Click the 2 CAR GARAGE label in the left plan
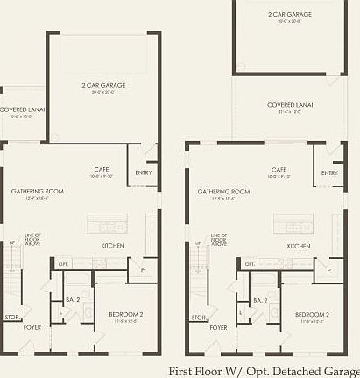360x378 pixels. tap(103, 85)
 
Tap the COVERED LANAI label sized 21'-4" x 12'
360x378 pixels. tap(290, 104)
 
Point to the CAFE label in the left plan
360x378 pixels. tap(102, 170)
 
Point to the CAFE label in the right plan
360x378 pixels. tap(279, 170)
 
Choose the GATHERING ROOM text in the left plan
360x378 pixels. tap(33, 191)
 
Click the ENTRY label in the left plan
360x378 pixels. tap(144, 172)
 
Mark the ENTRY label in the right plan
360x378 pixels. tap(329, 172)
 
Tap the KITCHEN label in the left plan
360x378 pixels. tap(112, 246)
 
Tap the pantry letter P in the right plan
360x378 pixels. tap(329, 270)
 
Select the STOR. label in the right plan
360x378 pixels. tap(198, 317)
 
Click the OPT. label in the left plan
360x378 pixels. tap(63, 263)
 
